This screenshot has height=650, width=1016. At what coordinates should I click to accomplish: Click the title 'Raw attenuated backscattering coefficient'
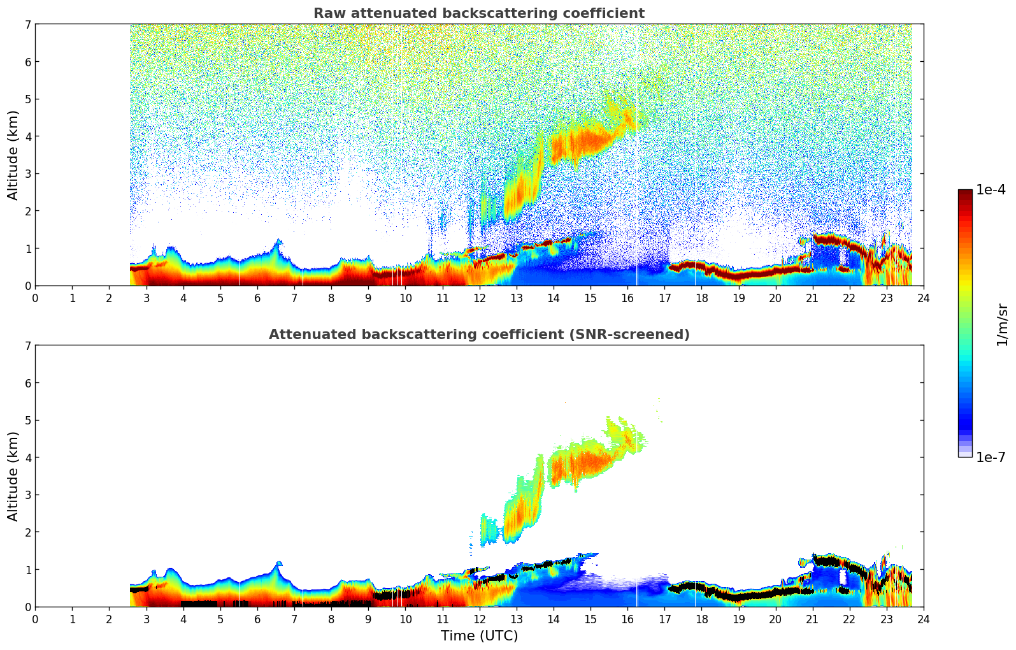click(478, 13)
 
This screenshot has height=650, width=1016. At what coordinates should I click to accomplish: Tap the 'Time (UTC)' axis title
click(479, 635)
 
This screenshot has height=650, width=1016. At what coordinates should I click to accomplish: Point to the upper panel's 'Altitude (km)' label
click(13, 155)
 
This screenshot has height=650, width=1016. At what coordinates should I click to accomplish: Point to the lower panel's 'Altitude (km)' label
click(13, 476)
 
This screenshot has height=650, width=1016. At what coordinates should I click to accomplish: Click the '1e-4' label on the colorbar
click(990, 190)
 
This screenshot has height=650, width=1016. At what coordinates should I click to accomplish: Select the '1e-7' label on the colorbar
click(990, 457)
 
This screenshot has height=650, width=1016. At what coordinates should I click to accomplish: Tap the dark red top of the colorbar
click(964, 193)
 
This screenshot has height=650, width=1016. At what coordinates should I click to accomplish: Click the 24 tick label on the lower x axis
click(923, 619)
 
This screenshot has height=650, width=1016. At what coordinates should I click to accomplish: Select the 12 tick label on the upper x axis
click(479, 298)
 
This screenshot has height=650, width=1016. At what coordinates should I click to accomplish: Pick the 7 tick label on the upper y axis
click(27, 24)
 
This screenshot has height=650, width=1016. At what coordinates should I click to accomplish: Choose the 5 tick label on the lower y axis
click(27, 420)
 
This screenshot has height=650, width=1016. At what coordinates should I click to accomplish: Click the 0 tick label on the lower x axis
click(36, 619)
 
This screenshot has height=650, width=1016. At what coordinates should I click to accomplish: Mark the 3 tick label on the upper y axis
click(27, 173)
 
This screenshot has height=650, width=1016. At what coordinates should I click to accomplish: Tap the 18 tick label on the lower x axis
click(701, 619)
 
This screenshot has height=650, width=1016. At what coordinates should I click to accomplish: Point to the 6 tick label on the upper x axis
click(257, 298)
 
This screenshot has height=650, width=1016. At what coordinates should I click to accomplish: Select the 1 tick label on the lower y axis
click(27, 569)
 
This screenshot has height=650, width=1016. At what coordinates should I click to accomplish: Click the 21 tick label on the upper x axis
click(812, 298)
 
